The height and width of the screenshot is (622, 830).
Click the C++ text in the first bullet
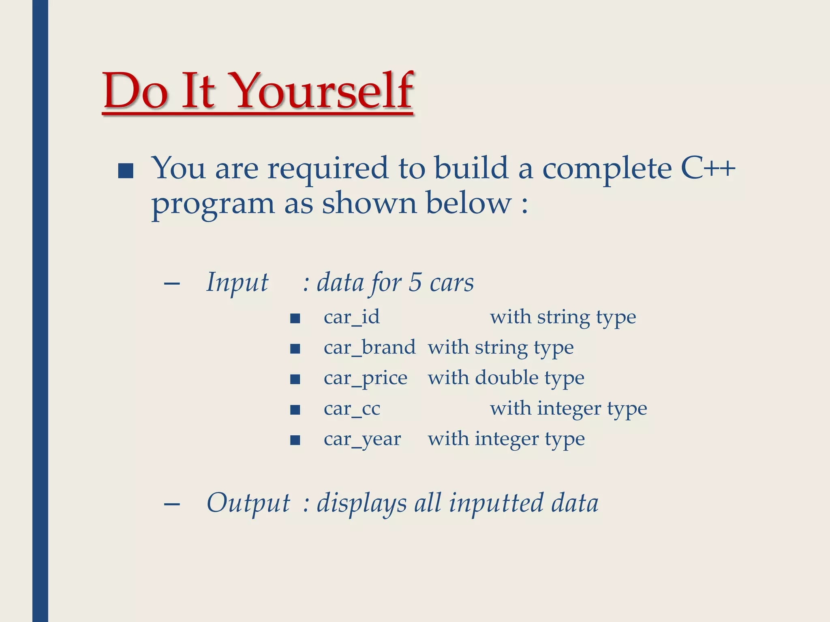[708, 168]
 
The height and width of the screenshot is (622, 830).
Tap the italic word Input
[237, 283]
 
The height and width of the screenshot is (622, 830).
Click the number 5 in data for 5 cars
[415, 282]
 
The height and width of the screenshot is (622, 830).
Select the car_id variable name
[351, 317]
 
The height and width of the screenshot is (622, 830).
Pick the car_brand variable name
[369, 347]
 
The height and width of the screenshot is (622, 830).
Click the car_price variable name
[365, 379]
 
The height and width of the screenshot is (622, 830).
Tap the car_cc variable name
[352, 409]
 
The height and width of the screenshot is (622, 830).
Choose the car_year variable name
[362, 439]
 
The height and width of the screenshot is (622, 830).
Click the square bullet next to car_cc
[295, 410]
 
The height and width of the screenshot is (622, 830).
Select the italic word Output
[248, 503]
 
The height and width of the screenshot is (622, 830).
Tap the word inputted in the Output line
[496, 503]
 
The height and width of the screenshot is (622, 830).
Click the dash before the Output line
[172, 504]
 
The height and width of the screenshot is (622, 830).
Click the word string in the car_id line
[563, 317]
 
